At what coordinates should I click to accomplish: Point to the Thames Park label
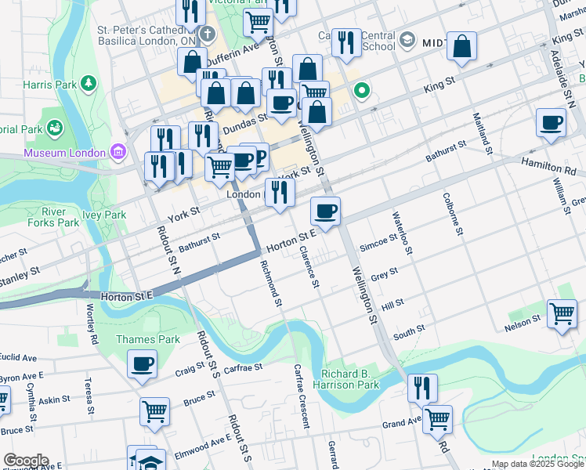pyautogui.click(x=147, y=339)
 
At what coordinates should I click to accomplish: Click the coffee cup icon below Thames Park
pyautogui.click(x=143, y=364)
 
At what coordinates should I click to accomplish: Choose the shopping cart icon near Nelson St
pyautogui.click(x=562, y=314)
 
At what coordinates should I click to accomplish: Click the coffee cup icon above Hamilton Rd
pyautogui.click(x=552, y=123)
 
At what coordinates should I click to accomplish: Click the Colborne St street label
pyautogui.click(x=452, y=214)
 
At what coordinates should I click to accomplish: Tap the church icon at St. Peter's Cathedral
pyautogui.click(x=207, y=34)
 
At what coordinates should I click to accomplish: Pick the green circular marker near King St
pyautogui.click(x=361, y=92)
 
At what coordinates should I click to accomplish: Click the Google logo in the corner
pyautogui.click(x=25, y=460)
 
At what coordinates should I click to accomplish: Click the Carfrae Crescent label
pyautogui.click(x=301, y=396)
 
